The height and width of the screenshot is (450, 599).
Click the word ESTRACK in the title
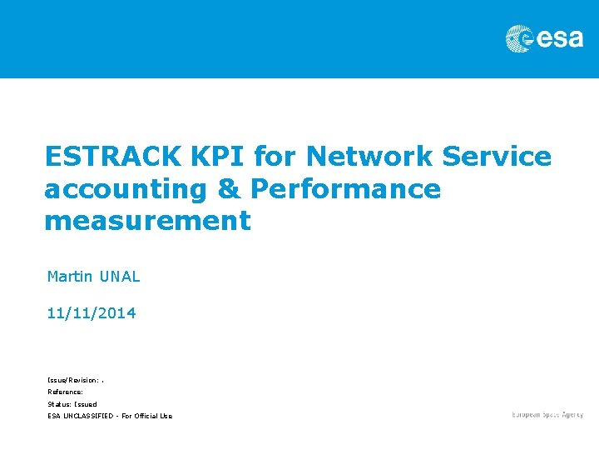click(111, 156)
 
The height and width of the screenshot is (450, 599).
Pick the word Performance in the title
click(345, 189)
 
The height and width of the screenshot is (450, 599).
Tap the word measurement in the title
click(147, 221)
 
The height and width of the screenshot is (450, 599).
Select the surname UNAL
click(120, 276)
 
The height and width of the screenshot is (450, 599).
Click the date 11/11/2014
click(92, 313)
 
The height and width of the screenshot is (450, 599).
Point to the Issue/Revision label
click(74, 379)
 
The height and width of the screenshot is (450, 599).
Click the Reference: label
click(65, 391)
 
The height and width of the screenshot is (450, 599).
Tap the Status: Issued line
click(72, 403)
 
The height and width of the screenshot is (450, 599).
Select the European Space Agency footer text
click(547, 414)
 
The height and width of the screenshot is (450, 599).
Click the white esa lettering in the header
click(559, 38)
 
